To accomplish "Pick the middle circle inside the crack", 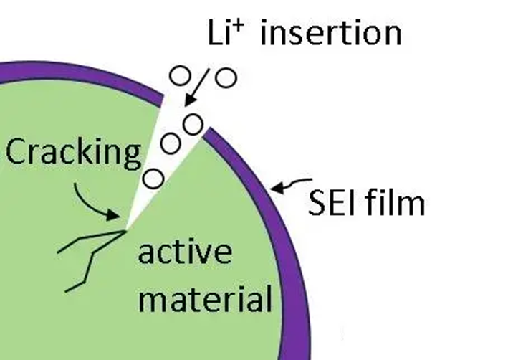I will point(170,143).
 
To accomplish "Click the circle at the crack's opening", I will point(192,124).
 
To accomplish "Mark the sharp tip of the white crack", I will point(126,229).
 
